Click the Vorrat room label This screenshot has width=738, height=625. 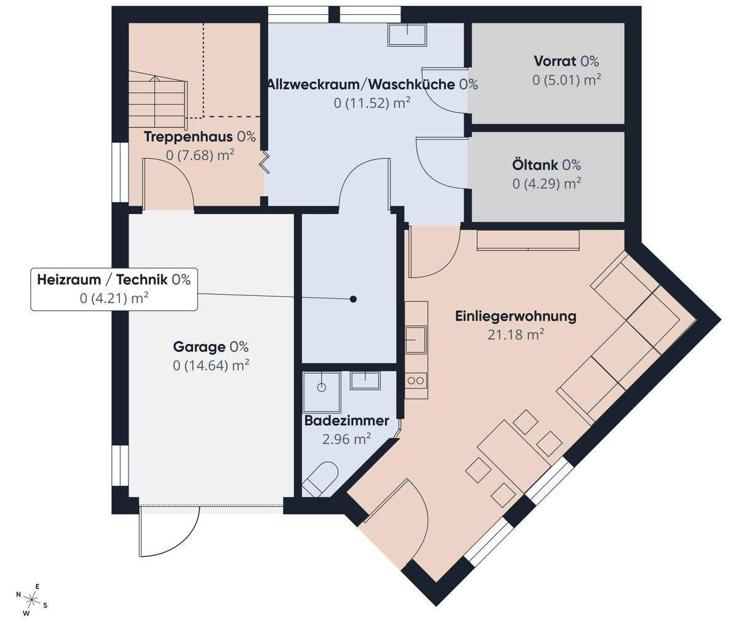click(x=566, y=62)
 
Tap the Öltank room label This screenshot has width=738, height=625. click(x=546, y=165)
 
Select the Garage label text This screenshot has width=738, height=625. click(x=211, y=347)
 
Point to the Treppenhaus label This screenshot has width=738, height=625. click(x=200, y=137)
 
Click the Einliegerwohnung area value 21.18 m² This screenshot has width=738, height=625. click(x=516, y=335)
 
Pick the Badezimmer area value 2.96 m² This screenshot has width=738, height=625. click(x=346, y=439)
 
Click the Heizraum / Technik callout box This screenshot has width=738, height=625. click(x=114, y=289)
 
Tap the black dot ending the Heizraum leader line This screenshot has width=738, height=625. click(x=353, y=300)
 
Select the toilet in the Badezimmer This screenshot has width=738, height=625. click(x=320, y=480)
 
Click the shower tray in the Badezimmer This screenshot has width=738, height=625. click(x=322, y=392)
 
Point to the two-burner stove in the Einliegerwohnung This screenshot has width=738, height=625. click(x=416, y=381)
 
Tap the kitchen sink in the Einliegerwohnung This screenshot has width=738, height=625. click(x=416, y=340)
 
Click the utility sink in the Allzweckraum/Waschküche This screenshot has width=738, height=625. click(x=407, y=34)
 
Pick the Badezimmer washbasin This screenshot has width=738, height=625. click(x=365, y=380)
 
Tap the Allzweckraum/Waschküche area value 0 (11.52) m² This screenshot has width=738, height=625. click(x=372, y=103)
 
